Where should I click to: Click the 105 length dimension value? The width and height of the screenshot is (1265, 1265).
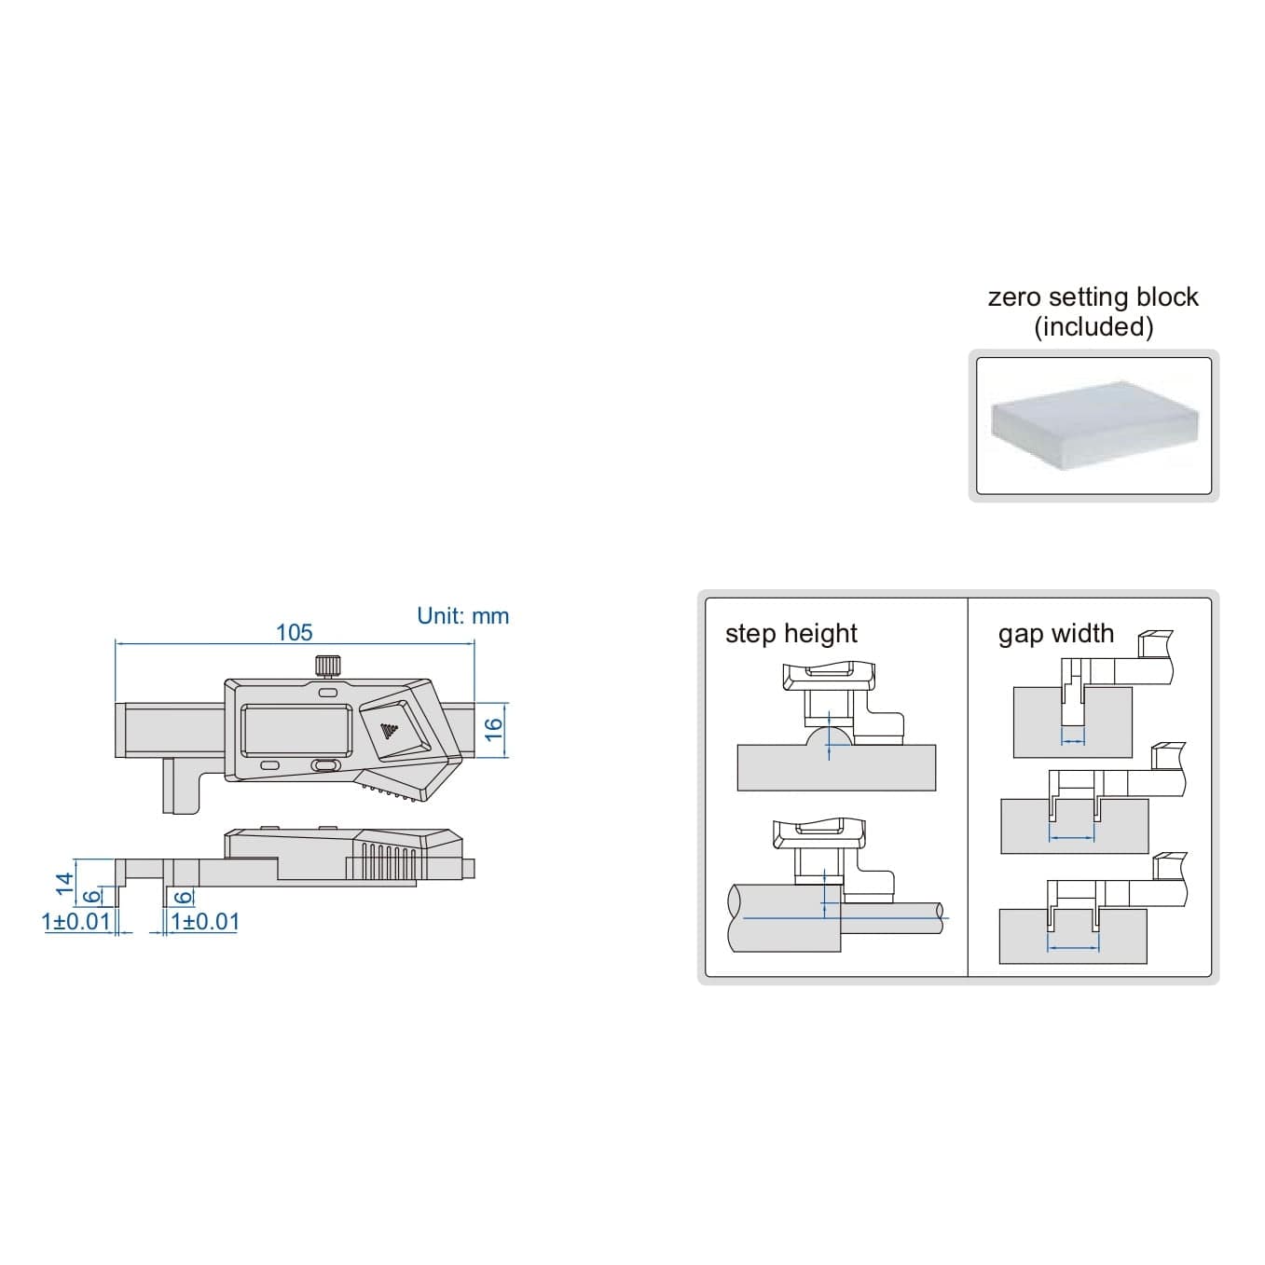[x=294, y=632]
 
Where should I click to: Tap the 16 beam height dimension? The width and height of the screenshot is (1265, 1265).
[x=495, y=728]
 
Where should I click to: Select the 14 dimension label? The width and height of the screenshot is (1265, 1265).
[x=63, y=883]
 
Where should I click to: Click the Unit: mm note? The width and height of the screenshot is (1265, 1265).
[x=462, y=616]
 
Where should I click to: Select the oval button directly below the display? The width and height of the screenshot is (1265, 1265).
[x=323, y=765]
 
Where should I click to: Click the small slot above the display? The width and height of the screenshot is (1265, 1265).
[x=326, y=693]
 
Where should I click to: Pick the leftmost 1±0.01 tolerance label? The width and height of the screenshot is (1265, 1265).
[x=76, y=922]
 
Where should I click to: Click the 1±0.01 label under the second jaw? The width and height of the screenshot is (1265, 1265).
[x=205, y=922]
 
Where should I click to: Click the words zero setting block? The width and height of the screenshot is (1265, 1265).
[x=1093, y=297]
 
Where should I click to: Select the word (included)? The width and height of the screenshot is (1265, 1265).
[x=1093, y=327]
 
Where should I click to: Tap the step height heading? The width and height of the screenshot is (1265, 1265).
[x=791, y=634]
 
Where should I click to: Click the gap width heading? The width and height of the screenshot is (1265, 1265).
[x=1055, y=634]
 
